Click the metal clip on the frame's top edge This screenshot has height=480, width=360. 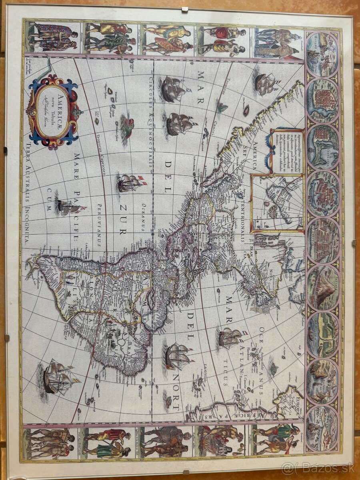(x=184, y=9)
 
